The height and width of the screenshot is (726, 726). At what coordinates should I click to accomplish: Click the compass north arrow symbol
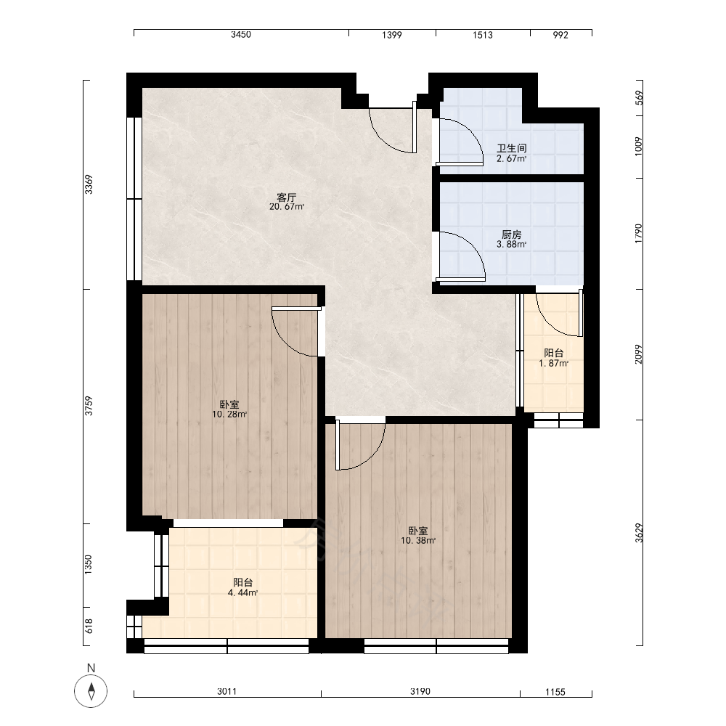pyautogui.click(x=91, y=691)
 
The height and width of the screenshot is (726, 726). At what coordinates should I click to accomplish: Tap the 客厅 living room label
pyautogui.click(x=287, y=197)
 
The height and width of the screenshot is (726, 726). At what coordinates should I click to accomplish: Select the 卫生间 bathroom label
pyautogui.click(x=512, y=149)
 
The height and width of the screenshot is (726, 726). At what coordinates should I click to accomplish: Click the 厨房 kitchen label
pyautogui.click(x=512, y=234)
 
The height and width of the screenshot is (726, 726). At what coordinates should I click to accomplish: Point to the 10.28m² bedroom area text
pyautogui.click(x=229, y=415)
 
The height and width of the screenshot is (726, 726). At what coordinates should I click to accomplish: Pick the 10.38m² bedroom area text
pyautogui.click(x=418, y=540)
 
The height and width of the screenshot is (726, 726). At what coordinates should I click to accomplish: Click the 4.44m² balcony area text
pyautogui.click(x=242, y=592)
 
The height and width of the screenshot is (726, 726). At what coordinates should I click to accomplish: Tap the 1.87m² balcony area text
pyautogui.click(x=553, y=364)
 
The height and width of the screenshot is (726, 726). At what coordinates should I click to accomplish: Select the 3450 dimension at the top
pyautogui.click(x=241, y=35)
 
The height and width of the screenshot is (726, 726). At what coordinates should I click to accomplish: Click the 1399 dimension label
pyautogui.click(x=392, y=35)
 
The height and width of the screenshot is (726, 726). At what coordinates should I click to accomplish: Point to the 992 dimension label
pyautogui.click(x=560, y=35)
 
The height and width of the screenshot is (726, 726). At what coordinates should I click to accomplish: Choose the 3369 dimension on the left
pyautogui.click(x=89, y=184)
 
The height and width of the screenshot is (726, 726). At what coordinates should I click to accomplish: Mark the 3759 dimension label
pyautogui.click(x=89, y=406)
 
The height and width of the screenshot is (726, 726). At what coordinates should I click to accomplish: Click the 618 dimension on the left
pyautogui.click(x=89, y=626)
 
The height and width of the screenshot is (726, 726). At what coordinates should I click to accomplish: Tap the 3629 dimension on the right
pyautogui.click(x=639, y=533)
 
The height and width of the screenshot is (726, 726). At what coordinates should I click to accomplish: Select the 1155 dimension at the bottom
pyautogui.click(x=555, y=692)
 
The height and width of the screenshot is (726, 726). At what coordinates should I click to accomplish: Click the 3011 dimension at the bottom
pyautogui.click(x=227, y=691)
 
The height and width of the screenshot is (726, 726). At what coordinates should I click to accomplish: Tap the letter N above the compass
pyautogui.click(x=91, y=668)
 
